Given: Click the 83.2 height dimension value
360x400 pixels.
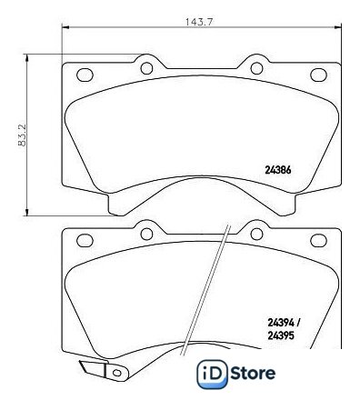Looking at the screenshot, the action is (22, 135).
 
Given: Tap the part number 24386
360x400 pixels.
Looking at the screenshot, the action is (278, 170).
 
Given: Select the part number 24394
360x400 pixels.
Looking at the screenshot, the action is (281, 323).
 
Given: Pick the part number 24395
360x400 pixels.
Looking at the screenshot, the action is (281, 335).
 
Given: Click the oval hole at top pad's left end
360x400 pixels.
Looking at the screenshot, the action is (85, 75).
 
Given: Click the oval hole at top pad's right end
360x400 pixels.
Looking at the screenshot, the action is (318, 75).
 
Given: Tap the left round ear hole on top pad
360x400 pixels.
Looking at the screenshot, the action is (146, 68).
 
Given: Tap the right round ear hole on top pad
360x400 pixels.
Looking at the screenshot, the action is (256, 68).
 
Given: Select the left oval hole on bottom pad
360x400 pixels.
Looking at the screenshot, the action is (85, 240).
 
